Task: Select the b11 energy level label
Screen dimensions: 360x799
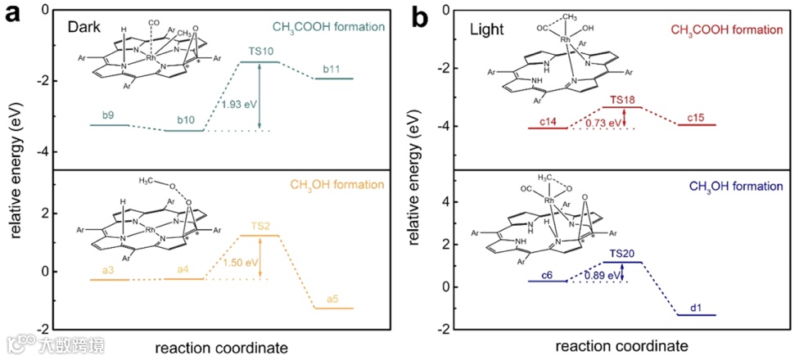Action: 332,69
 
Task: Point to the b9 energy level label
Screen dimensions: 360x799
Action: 108,116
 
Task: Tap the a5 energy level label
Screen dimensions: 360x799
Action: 333,299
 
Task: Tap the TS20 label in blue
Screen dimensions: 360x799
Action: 622,253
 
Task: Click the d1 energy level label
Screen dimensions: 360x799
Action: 696,307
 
